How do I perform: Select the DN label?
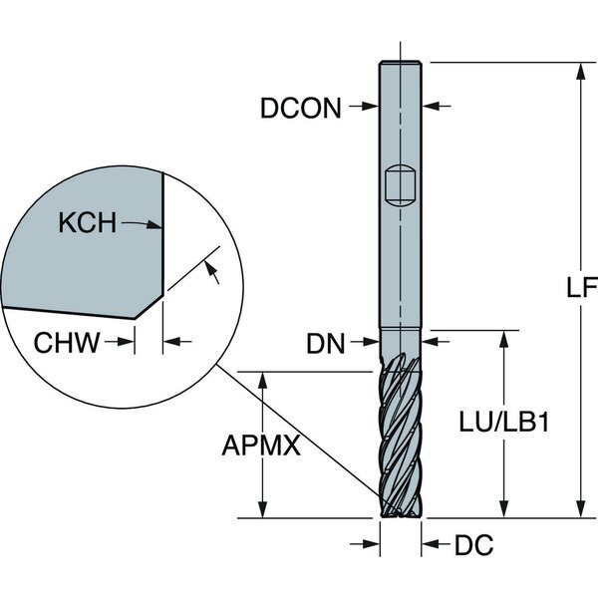tap(325, 344)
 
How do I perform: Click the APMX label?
tap(260, 448)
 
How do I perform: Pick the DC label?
tap(473, 545)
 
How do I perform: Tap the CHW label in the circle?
tap(67, 344)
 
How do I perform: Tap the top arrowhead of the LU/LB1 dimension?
tap(503, 339)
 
